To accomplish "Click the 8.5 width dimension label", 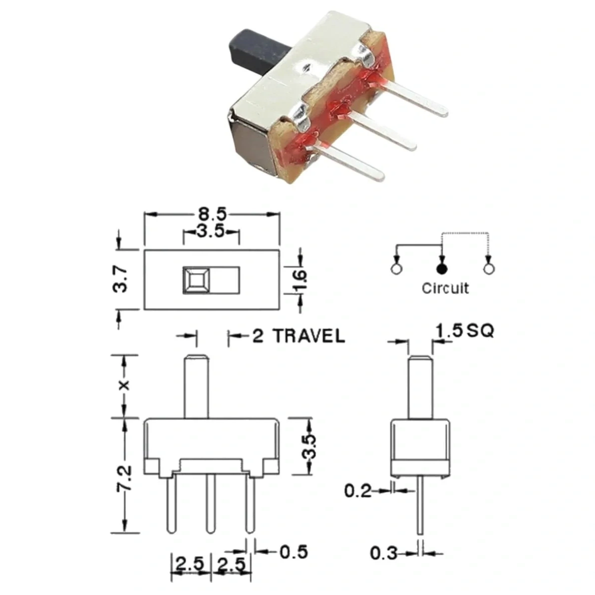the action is point(212,214).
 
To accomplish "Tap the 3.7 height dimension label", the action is point(120,279).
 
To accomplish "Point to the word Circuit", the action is point(445,289).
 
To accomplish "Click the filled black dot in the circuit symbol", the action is point(442,269).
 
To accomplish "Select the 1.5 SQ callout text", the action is point(465,331).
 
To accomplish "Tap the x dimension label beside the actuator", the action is point(124,385).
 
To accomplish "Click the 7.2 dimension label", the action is point(124,479).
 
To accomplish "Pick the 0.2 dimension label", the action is point(358,491).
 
